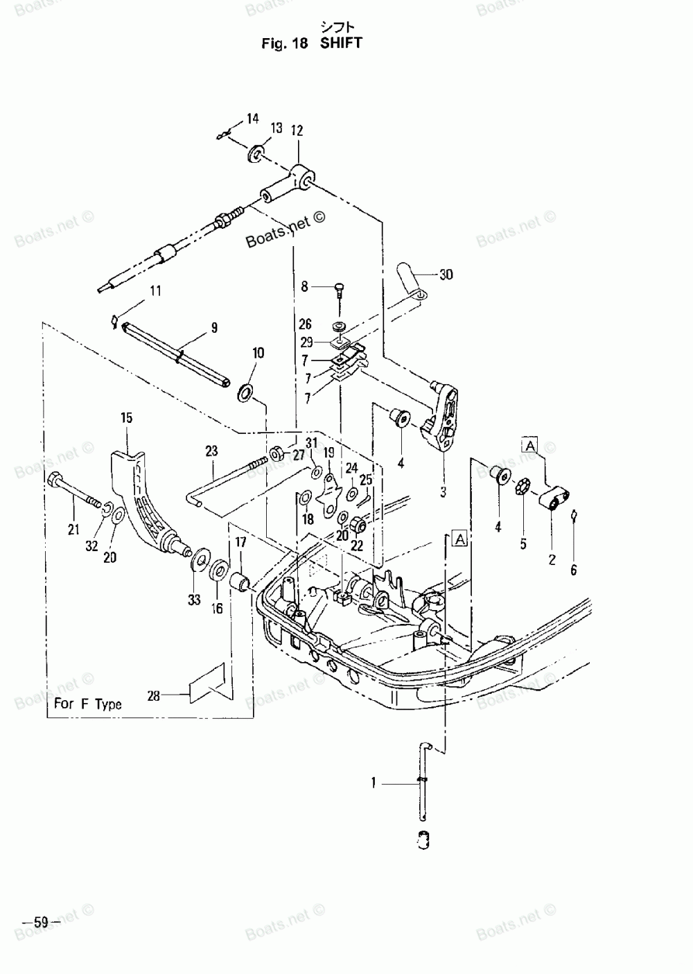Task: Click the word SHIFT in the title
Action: click(341, 43)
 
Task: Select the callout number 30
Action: click(446, 275)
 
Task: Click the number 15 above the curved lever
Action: click(127, 418)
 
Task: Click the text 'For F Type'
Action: click(88, 704)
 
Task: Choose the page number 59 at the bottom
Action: click(41, 923)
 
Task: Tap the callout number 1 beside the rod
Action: click(374, 783)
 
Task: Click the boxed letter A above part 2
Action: click(530, 445)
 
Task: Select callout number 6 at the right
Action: click(573, 571)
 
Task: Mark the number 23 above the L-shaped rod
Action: click(211, 451)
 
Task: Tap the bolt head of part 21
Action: click(56, 478)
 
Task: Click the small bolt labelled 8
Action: click(339, 286)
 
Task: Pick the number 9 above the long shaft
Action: click(214, 328)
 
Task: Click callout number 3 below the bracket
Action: click(444, 492)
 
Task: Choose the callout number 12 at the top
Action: click(297, 130)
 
